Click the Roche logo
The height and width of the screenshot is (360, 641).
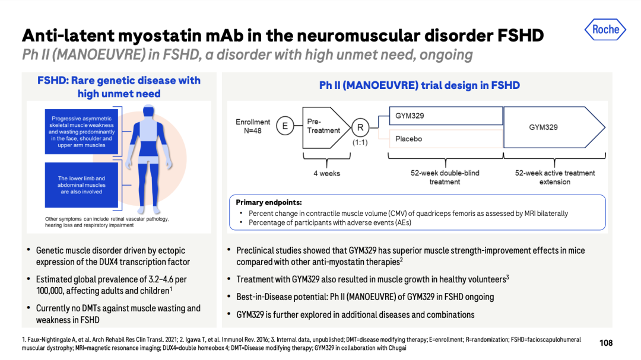coord(605,30)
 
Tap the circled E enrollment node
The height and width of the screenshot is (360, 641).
coord(285,126)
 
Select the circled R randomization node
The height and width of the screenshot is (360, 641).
coord(360,128)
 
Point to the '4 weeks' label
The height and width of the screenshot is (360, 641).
coord(326,173)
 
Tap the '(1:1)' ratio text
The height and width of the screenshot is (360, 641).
coord(360,142)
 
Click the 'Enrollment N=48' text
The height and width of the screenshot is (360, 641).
coord(253,126)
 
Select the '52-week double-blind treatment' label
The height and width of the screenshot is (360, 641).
coord(445,177)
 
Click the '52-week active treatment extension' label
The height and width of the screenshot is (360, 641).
coord(555,177)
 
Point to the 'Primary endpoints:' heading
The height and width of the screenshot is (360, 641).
coord(269,202)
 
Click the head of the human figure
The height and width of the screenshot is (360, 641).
coord(148,111)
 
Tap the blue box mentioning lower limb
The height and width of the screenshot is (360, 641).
coord(81,185)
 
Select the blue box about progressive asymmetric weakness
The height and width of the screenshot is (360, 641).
coord(81,132)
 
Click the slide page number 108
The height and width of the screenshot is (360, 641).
coord(606,343)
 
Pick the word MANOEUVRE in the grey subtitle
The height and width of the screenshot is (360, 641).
coord(99,55)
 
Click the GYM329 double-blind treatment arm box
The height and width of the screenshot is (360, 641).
coord(446,116)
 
